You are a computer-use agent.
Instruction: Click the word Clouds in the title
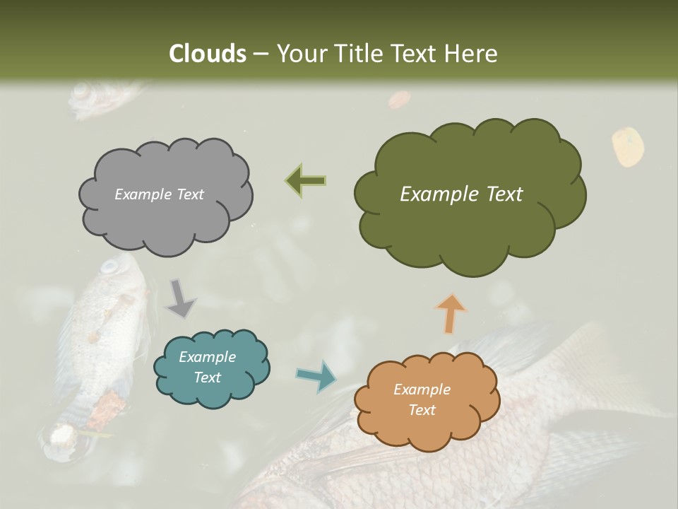(x=208, y=54)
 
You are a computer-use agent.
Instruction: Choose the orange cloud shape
(x=427, y=400)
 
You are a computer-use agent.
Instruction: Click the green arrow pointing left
(x=306, y=181)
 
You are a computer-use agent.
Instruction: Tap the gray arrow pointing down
(x=180, y=299)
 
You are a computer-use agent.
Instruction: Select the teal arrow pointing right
(x=316, y=375)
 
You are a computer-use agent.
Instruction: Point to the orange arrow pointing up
(x=451, y=313)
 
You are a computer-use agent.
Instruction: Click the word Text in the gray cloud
(x=189, y=194)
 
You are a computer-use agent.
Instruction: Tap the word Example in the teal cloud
(x=207, y=357)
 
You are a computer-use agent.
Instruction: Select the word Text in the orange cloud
(x=422, y=410)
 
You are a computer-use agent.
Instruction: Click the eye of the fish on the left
(x=109, y=267)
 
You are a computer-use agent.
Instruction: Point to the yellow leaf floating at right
(x=627, y=147)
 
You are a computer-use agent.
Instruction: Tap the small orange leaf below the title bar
(x=399, y=100)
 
